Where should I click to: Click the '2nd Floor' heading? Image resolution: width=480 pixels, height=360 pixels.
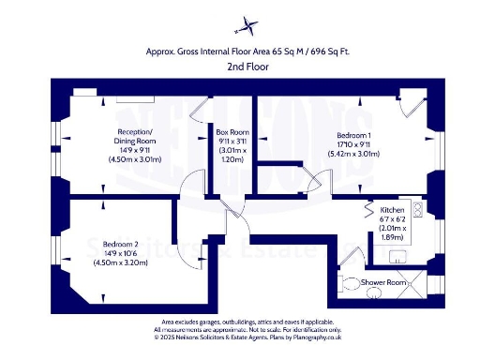(240, 67)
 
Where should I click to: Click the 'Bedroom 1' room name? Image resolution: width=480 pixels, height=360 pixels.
(352, 136)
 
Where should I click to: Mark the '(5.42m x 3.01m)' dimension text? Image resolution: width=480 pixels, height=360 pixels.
(352, 154)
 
